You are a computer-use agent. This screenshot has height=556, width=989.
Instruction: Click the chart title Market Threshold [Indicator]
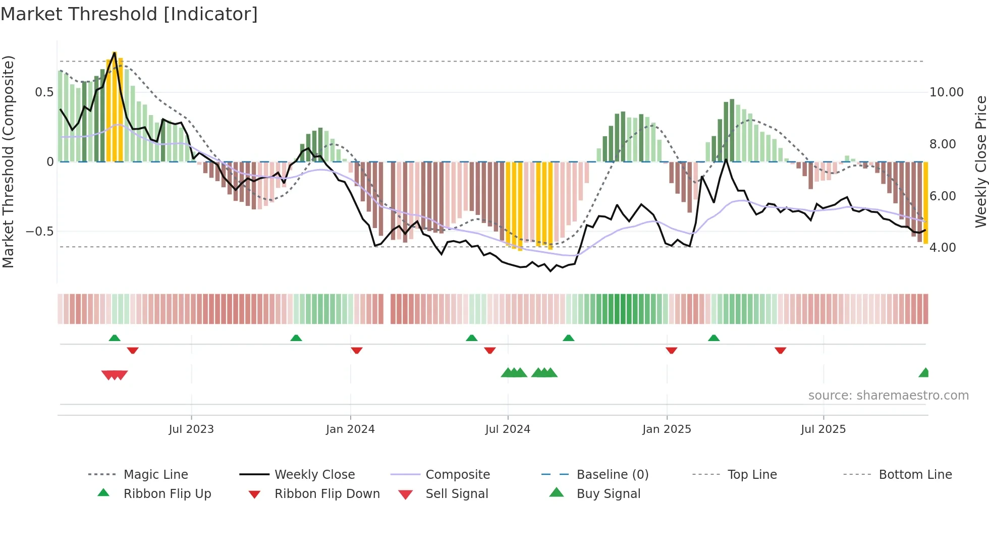(129, 14)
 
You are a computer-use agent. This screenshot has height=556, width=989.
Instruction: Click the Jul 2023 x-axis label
(191, 429)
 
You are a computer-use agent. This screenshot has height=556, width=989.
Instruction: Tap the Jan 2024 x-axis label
(350, 429)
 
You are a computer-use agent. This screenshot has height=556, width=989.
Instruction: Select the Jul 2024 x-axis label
(508, 429)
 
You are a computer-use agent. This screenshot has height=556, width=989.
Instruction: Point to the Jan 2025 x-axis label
(667, 429)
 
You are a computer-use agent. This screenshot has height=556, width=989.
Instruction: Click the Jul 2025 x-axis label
(823, 429)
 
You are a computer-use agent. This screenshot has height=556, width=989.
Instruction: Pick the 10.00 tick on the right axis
(947, 92)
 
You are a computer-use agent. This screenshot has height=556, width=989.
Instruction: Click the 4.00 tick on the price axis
(943, 248)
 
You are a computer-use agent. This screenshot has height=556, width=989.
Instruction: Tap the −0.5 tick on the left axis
(39, 232)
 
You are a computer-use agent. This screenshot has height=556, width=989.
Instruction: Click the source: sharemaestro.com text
(888, 396)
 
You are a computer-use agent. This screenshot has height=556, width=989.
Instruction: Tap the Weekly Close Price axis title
(980, 161)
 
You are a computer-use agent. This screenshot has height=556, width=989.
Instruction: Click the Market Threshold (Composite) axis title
(8, 161)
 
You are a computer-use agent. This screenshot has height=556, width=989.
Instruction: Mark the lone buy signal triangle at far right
(924, 373)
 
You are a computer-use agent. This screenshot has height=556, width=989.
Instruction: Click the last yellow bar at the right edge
(926, 202)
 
